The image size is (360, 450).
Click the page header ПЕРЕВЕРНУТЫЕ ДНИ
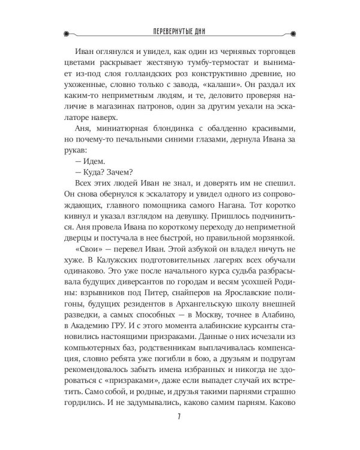(x=179, y=32)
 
